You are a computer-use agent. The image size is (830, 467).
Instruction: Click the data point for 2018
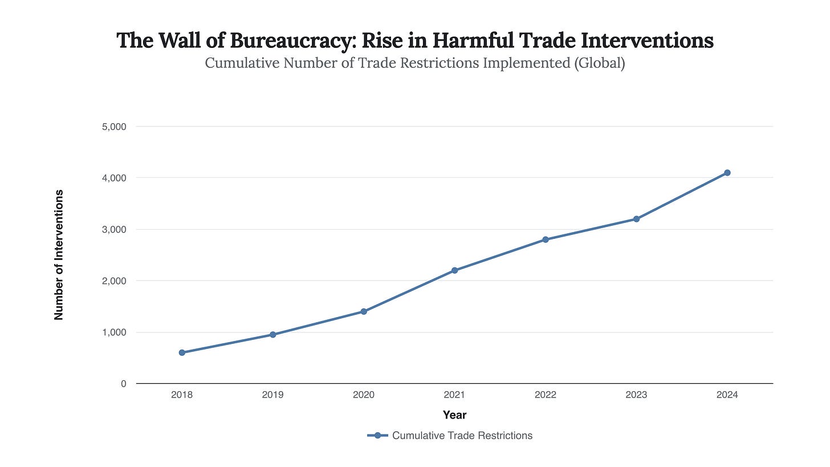click(x=182, y=352)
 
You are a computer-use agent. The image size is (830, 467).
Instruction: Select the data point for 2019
click(x=273, y=335)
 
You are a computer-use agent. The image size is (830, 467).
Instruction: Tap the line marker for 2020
click(x=364, y=311)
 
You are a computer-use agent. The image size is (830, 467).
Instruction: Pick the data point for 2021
click(x=454, y=270)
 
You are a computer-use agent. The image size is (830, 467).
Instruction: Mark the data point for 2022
click(x=546, y=239)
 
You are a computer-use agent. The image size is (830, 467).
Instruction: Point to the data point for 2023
click(x=636, y=219)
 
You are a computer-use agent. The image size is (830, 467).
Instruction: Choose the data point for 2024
click(x=727, y=173)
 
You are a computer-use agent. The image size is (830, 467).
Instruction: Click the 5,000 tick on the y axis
click(x=114, y=127)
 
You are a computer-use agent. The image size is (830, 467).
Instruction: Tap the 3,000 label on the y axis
click(x=114, y=229)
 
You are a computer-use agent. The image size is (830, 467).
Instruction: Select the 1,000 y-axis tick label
click(x=114, y=332)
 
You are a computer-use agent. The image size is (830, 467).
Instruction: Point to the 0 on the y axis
click(x=123, y=384)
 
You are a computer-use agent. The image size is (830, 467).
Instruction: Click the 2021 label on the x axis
click(x=454, y=395)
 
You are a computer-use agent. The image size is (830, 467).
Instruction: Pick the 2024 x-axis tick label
click(x=727, y=395)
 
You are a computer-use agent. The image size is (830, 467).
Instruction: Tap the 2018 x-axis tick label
click(x=182, y=395)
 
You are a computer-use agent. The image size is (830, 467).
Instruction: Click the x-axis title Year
click(x=454, y=415)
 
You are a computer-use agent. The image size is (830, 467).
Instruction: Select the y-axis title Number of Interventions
click(x=58, y=255)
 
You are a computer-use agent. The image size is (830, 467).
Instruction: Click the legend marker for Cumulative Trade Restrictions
click(x=377, y=436)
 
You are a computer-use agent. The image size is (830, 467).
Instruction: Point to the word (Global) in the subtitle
click(x=599, y=63)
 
